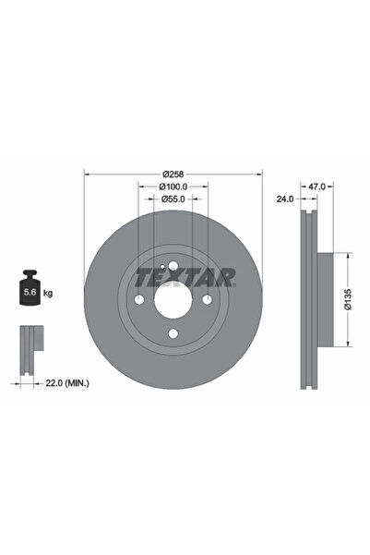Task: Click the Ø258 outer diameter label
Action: pos(173,173)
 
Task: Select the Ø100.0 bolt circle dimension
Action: pos(173,186)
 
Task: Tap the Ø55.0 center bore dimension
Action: pos(173,199)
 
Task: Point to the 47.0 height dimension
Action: pos(316,186)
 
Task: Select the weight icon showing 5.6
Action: pos(30,291)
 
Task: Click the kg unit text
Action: pos(48,293)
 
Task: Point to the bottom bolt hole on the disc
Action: pos(173,335)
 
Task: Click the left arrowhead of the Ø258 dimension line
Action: pos(87,173)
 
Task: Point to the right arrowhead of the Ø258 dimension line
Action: pos(260,173)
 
